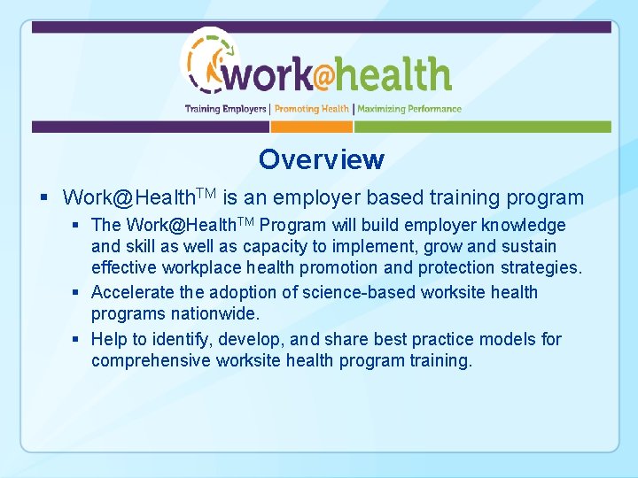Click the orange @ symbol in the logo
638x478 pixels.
pos(323,76)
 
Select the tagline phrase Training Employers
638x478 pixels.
pos(225,109)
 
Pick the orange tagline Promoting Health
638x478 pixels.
pos(311,109)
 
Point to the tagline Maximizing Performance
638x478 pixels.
pos(409,109)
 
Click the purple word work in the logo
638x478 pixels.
pos(267,76)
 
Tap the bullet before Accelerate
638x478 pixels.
pos(78,293)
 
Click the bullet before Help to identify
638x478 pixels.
pos(78,340)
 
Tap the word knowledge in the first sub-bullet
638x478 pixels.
pos(525,225)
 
